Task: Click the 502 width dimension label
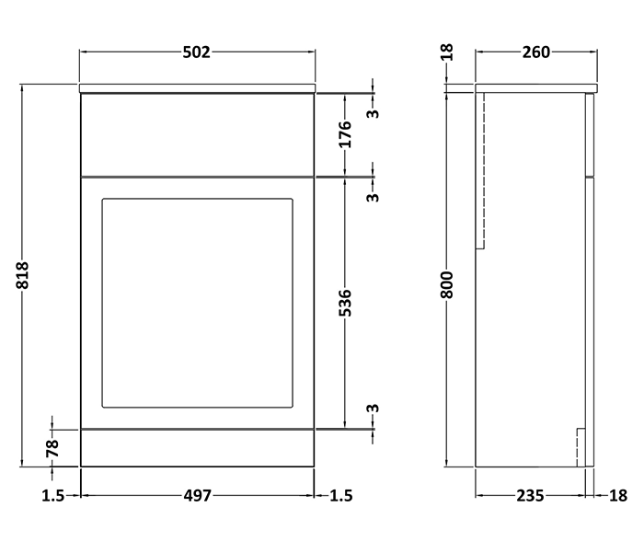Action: point(197,52)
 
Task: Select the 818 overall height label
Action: point(24,276)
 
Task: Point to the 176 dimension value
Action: point(345,134)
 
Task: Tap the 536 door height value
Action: point(345,304)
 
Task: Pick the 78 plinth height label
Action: point(52,448)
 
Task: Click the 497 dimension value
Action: point(197,496)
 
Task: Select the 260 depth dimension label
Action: point(535,52)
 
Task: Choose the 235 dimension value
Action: point(529,496)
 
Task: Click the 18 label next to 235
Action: point(618,496)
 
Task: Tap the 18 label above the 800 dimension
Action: point(446,52)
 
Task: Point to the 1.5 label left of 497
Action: point(52,496)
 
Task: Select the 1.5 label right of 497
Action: point(340,496)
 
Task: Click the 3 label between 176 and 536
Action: point(373,197)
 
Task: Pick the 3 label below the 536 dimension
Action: point(373,409)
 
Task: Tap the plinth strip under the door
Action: point(197,448)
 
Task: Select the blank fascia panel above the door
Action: point(197,134)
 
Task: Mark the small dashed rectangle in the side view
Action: point(581,447)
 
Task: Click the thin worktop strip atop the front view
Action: point(197,88)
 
